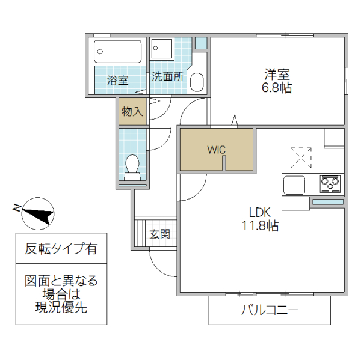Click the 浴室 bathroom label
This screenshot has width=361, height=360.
click(x=118, y=79)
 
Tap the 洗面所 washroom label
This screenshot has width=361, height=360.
click(x=167, y=76)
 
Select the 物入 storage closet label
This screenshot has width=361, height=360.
click(x=132, y=111)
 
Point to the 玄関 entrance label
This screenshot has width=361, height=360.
click(x=159, y=233)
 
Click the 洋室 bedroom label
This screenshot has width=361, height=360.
click(x=277, y=75)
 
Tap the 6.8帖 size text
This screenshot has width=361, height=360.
click(x=277, y=88)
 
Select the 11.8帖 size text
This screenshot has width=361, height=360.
click(x=260, y=226)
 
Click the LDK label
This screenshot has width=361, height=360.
click(x=260, y=212)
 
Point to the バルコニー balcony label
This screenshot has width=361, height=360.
click(x=270, y=311)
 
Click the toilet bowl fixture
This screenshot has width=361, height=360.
click(x=132, y=166)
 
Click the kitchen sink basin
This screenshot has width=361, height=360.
click(x=295, y=185)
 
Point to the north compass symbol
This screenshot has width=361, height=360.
click(x=36, y=213)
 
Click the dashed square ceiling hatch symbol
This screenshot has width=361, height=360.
click(x=300, y=157)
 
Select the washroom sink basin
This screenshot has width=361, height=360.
click(x=197, y=82)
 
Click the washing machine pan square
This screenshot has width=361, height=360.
click(x=162, y=49)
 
